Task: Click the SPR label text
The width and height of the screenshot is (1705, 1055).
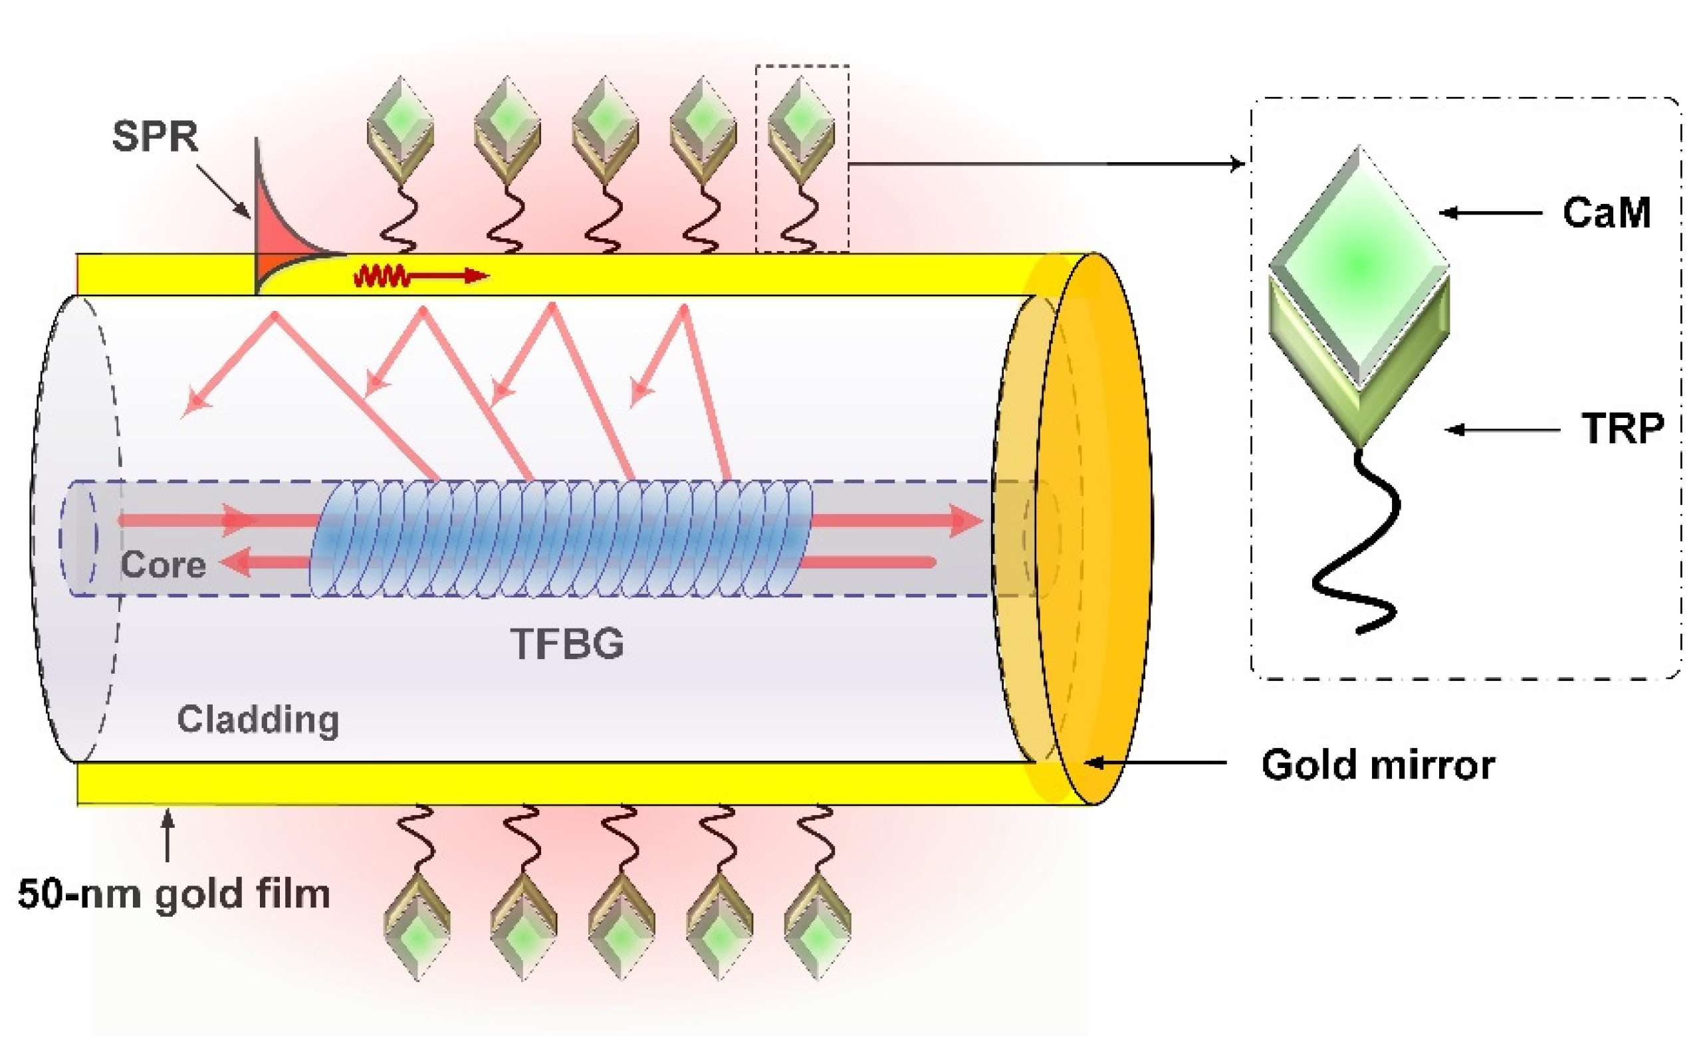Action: [155, 136]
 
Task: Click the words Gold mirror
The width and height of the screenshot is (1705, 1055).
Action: [1378, 765]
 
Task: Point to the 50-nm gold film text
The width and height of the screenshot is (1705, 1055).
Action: [173, 894]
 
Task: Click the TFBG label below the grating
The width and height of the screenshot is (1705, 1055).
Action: [568, 643]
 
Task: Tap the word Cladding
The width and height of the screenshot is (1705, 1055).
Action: [257, 719]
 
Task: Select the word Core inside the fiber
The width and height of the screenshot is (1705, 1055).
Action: [164, 565]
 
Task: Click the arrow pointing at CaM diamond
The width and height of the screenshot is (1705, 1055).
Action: [1490, 213]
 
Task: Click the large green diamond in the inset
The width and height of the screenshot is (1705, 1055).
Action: [1359, 265]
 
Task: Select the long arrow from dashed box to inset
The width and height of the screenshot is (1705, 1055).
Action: [1047, 165]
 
